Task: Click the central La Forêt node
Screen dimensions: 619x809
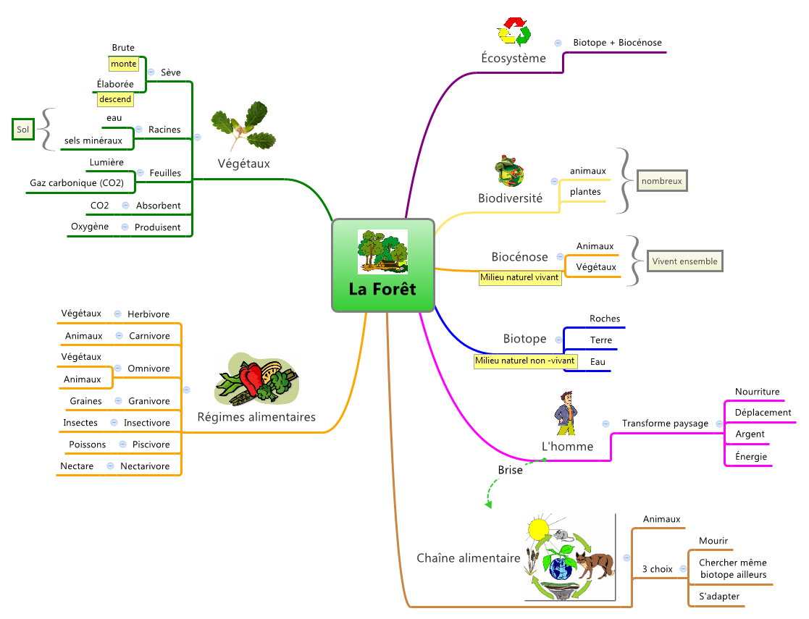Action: coord(382,266)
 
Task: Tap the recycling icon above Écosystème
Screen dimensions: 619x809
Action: coord(514,33)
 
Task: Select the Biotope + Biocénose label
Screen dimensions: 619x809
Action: coord(617,43)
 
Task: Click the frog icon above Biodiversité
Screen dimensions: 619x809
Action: coord(509,171)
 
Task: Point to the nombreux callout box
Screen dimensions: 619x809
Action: coord(661,181)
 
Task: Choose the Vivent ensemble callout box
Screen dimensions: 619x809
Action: coord(684,261)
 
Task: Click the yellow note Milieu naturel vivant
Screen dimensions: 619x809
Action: coord(520,278)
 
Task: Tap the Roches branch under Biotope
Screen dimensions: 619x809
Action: coord(605,319)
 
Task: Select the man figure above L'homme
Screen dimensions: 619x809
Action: coord(566,414)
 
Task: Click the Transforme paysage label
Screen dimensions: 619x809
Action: coord(665,423)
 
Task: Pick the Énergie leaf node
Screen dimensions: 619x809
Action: coord(750,457)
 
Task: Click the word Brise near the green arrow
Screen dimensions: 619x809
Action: coord(510,470)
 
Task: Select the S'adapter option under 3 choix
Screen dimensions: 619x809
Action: coord(719,597)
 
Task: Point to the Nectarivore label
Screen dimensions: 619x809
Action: coord(145,466)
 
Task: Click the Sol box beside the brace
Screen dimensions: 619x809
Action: coord(23,130)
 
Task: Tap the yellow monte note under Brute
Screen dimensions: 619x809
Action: coord(123,64)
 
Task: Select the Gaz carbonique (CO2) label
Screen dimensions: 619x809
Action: coord(77,183)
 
